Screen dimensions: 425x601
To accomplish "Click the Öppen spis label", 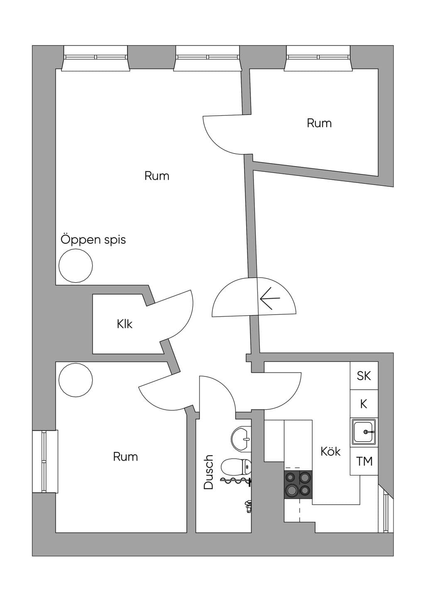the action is click(93, 239).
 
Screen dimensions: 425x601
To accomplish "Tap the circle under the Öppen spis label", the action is click(76, 265).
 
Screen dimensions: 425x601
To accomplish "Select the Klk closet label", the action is click(125, 324).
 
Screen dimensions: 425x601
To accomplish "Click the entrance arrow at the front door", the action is click(270, 298).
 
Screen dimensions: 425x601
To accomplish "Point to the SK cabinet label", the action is click(364, 376).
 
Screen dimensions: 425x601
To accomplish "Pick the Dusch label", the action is click(208, 472).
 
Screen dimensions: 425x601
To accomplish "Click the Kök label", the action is click(330, 451).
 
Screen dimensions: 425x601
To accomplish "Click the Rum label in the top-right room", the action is click(319, 123).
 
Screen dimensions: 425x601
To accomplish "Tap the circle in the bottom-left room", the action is click(76, 380).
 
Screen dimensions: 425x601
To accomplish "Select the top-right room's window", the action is click(318, 58).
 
